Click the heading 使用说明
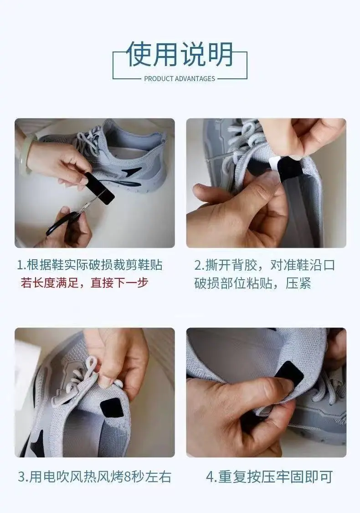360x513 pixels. click(x=180, y=54)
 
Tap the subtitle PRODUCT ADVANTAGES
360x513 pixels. click(x=180, y=79)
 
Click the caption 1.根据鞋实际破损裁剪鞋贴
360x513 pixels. click(x=90, y=265)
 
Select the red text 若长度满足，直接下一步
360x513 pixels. click(x=84, y=282)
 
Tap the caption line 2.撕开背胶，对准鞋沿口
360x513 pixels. click(x=265, y=265)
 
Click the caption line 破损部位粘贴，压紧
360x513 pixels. click(x=252, y=283)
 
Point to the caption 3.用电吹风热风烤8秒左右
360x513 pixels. click(x=95, y=477)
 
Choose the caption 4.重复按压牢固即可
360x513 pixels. click(x=269, y=477)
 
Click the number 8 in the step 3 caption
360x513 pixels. click(x=127, y=477)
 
